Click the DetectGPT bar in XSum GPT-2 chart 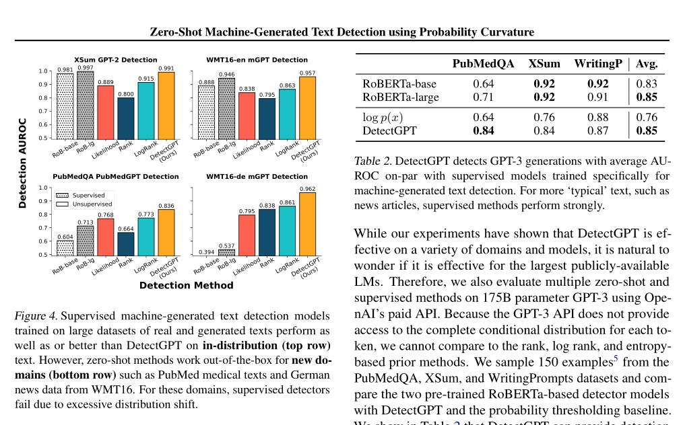tap(166, 104)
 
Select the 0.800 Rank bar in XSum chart tap(126, 118)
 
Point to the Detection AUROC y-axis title tap(22, 163)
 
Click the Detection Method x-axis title tap(186, 285)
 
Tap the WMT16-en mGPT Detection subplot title tap(257, 60)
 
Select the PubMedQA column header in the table tap(483, 64)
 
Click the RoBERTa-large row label tap(401, 97)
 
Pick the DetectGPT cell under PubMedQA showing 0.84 tap(484, 130)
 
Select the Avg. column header tap(647, 64)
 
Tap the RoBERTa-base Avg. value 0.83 tap(647, 84)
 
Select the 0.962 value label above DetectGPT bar tap(307, 189)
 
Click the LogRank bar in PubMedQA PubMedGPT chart tap(146, 236)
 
